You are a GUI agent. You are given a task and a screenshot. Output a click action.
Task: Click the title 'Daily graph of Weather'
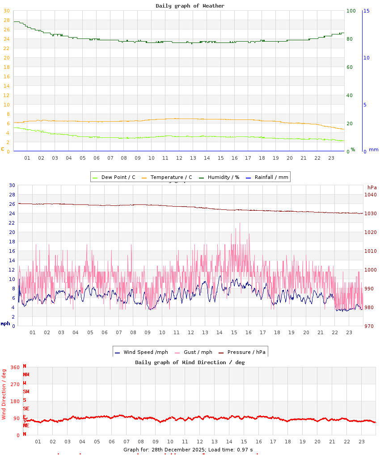point(190,6)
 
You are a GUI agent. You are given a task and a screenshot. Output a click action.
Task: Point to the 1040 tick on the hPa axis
point(370,195)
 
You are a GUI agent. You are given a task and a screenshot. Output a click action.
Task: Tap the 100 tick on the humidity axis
point(351,11)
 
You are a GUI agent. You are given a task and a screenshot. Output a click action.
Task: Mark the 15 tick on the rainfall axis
point(367,11)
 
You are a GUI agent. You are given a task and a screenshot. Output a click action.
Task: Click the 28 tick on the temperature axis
point(6,20)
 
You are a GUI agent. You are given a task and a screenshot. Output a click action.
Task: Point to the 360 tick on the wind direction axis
point(15,367)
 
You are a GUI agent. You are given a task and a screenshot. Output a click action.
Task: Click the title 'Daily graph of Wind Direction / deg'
point(190,362)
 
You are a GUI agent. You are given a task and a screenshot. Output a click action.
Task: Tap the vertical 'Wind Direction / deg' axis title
point(4,394)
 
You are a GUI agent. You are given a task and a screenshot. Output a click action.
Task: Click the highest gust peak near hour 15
point(240,223)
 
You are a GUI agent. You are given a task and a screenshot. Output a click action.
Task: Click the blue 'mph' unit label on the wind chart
point(5,323)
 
